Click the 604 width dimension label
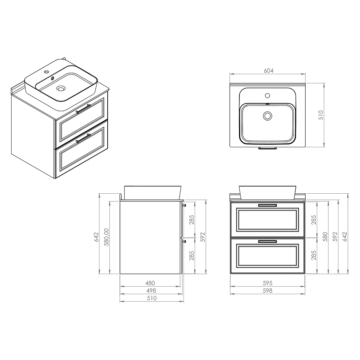click(x=269, y=71)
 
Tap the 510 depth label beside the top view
click(x=321, y=115)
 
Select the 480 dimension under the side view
click(x=150, y=283)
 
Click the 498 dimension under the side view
click(x=151, y=291)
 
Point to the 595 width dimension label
click(x=267, y=283)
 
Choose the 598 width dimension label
click(x=267, y=291)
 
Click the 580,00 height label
click(x=107, y=237)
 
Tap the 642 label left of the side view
click(x=96, y=237)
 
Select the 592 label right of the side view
click(x=202, y=237)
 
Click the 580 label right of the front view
click(x=325, y=237)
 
